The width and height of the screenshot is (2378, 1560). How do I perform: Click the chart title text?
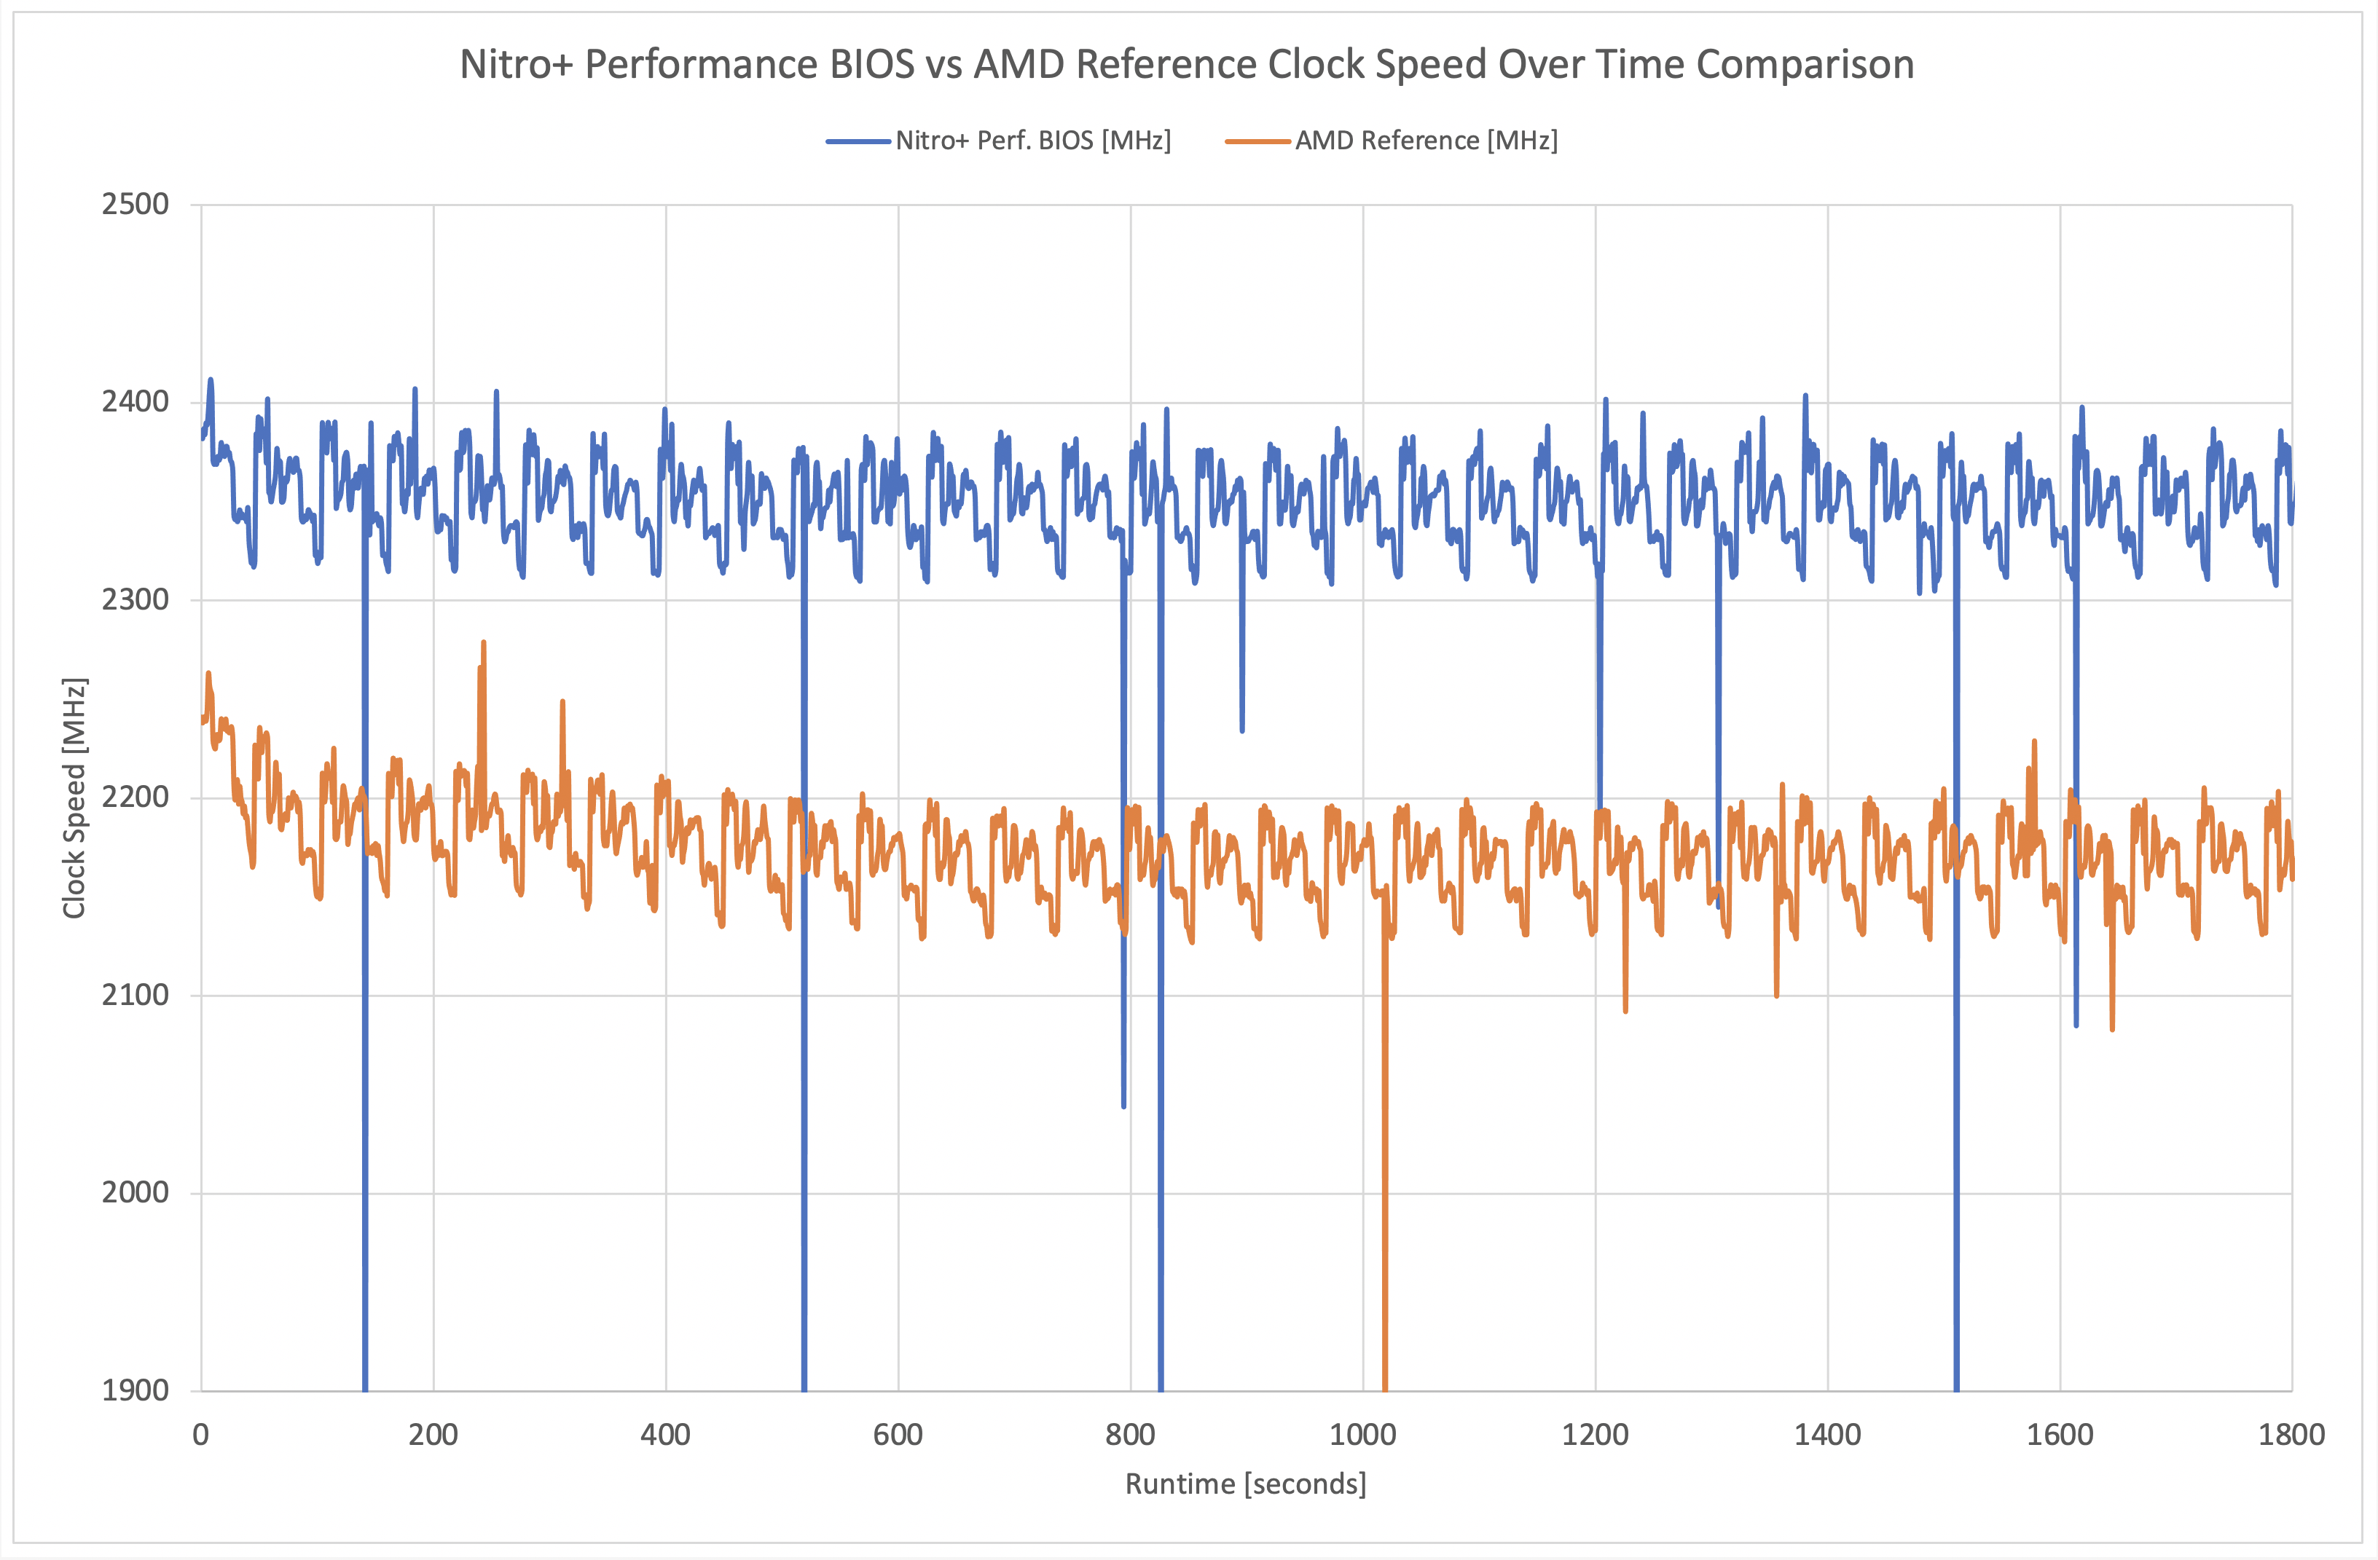1186,65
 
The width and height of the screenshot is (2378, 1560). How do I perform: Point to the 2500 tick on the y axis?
135,205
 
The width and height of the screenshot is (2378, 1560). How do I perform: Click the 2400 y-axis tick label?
135,403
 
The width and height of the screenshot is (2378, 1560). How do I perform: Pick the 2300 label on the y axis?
135,600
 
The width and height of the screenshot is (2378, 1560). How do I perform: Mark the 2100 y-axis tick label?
135,996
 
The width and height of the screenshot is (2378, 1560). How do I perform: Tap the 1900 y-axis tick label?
135,1390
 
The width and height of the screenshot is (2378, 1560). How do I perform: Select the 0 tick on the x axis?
201,1435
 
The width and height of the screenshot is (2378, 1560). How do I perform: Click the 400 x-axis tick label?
665,1435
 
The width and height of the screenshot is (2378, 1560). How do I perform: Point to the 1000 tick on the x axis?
1363,1435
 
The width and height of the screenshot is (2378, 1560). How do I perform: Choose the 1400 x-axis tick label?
1827,1435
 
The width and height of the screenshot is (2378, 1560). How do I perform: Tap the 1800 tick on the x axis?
2292,1435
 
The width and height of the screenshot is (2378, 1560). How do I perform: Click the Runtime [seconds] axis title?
1246,1484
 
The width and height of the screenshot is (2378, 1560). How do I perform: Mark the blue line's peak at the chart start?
211,380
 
